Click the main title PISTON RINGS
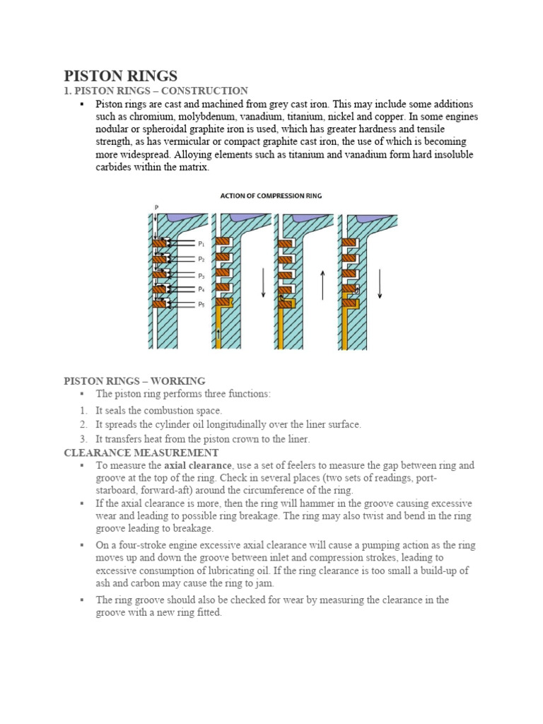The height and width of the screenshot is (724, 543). [x=121, y=76]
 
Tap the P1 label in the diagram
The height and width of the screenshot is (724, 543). [x=202, y=244]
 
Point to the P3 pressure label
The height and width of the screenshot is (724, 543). [x=202, y=275]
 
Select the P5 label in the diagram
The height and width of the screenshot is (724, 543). [x=202, y=305]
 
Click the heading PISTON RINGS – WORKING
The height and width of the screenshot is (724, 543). [x=134, y=381]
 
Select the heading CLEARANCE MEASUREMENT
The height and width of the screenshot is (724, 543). [x=141, y=452]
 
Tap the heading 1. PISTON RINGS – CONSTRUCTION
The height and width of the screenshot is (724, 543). [x=156, y=90]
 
